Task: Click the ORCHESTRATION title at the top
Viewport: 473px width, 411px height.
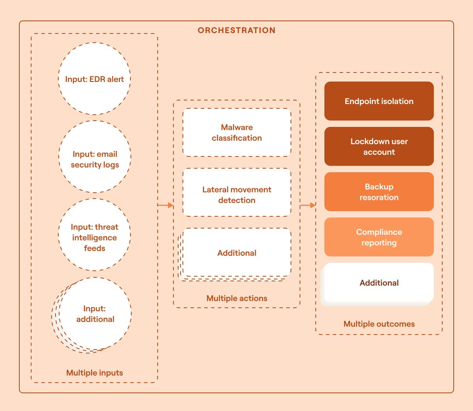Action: click(236, 30)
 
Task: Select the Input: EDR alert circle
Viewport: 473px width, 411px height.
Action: click(95, 79)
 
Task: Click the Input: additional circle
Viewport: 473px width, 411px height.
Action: click(95, 314)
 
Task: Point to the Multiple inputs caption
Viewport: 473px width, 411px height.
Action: click(95, 373)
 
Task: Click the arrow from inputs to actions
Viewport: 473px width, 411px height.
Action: click(165, 205)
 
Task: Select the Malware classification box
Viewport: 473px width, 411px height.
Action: click(237, 132)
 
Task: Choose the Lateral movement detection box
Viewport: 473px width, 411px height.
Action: click(237, 193)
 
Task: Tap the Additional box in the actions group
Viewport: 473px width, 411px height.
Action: click(237, 253)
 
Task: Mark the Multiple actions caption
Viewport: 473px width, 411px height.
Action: click(237, 298)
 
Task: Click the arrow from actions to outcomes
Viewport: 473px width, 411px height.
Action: click(307, 205)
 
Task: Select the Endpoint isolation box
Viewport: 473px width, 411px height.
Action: click(379, 101)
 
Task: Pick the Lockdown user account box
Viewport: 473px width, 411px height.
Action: click(379, 147)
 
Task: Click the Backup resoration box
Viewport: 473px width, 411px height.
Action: click(379, 192)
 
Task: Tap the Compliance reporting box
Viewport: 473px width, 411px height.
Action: click(379, 237)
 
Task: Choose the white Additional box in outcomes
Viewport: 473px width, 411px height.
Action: click(379, 283)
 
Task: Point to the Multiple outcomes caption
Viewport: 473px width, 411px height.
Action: click(379, 324)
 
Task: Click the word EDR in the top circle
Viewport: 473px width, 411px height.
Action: click(97, 79)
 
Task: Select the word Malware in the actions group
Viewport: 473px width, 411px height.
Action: click(237, 127)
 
